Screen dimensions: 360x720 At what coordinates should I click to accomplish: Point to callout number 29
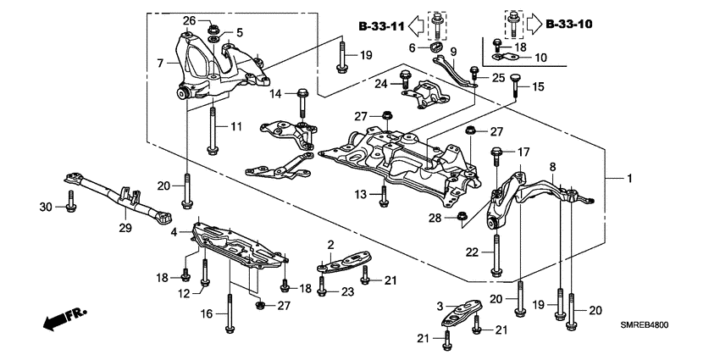tap(124, 228)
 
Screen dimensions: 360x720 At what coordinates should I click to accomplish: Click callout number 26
tap(190, 20)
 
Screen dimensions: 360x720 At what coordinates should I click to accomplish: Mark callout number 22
tap(471, 252)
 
